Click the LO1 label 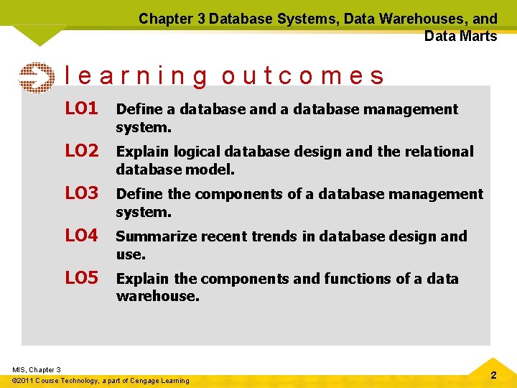click(x=81, y=108)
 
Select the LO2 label click(x=81, y=151)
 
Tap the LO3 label click(x=81, y=193)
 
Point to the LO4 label click(x=81, y=236)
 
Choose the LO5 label click(x=81, y=278)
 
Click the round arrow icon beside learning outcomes click(x=36, y=78)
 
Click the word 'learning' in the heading click(x=136, y=76)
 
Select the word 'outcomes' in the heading click(x=303, y=76)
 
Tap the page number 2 click(x=493, y=376)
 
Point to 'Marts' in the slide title click(x=480, y=36)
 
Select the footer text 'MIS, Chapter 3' click(x=37, y=369)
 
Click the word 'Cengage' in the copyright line click(x=146, y=380)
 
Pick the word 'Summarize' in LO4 click(x=150, y=236)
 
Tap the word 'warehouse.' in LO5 click(x=157, y=296)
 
